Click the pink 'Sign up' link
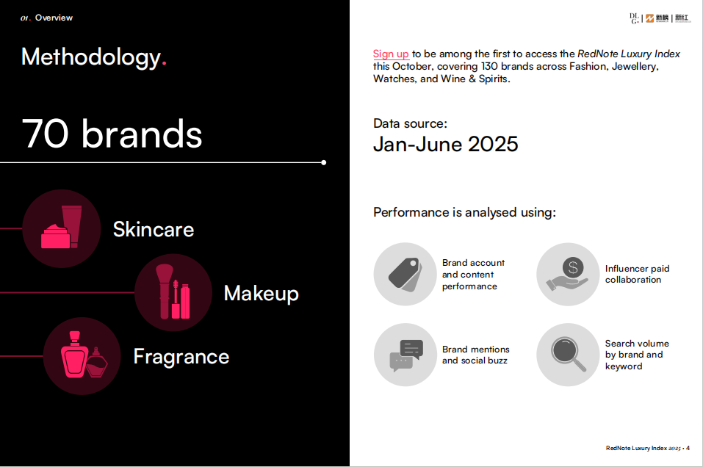tap(391, 54)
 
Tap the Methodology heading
tap(94, 57)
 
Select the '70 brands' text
tap(112, 134)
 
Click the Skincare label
tap(154, 230)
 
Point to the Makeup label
tap(262, 294)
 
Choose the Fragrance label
tap(181, 357)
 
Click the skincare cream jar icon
tap(62, 228)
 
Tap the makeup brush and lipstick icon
tap(173, 293)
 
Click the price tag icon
tap(405, 275)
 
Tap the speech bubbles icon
tap(405, 355)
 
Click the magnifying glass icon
tap(568, 355)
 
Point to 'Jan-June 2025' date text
tap(446, 145)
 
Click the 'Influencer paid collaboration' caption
tap(637, 274)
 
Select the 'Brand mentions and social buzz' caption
tap(476, 355)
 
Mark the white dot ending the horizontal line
tap(324, 163)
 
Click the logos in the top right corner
tap(660, 18)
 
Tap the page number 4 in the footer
tap(688, 448)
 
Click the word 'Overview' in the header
tap(54, 18)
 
